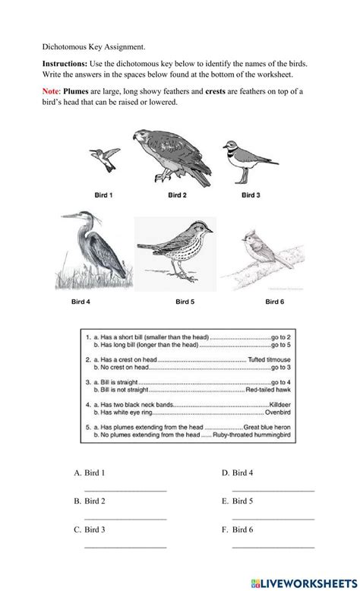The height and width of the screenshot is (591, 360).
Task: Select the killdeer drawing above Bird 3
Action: pyautogui.click(x=243, y=161)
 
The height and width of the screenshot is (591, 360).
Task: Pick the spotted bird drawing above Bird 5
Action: pyautogui.click(x=173, y=254)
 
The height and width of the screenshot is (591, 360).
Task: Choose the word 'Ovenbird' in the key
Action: pyautogui.click(x=276, y=415)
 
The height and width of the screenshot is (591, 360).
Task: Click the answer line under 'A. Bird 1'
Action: pyautogui.click(x=125, y=491)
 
